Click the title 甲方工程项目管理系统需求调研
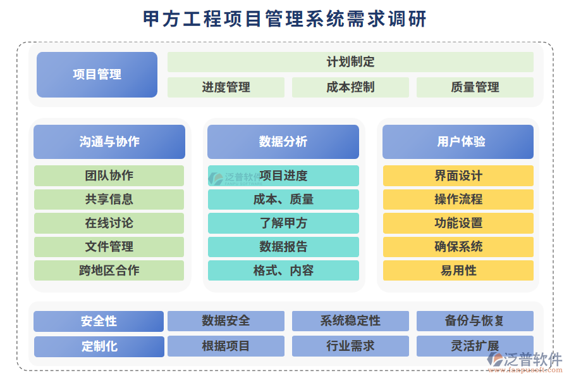284,18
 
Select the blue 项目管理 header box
97,75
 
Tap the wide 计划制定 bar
350,62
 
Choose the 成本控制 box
350,87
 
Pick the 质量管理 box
475,87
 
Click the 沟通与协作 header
109,142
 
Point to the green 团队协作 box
109,175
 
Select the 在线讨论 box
109,223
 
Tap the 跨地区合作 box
109,270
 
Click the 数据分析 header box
283,142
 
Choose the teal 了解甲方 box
283,223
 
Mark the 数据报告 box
283,246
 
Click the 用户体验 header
458,142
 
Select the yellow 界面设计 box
458,175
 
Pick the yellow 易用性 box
458,270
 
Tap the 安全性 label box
99,321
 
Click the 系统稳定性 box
350,320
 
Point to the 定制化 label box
99,346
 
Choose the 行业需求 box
350,346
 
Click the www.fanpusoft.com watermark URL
525,370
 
